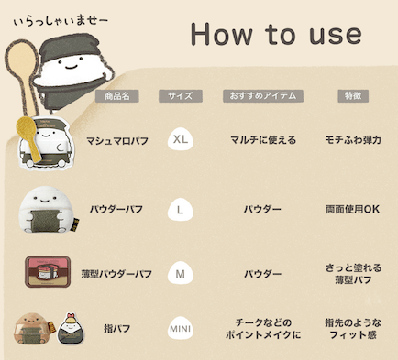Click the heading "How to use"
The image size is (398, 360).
275,35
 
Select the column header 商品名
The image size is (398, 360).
116,95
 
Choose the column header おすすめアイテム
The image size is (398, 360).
262,95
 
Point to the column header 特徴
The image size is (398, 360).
352,95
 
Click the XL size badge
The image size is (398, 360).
180,140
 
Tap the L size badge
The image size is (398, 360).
180,209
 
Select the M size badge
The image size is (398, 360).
180,273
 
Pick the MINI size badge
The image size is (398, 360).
180,328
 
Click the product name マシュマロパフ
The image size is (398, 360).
116,141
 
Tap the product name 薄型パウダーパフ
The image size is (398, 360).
116,274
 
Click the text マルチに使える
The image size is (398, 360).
262,140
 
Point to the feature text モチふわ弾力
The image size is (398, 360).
352,140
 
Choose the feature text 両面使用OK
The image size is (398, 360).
352,209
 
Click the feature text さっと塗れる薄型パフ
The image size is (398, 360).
352,273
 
